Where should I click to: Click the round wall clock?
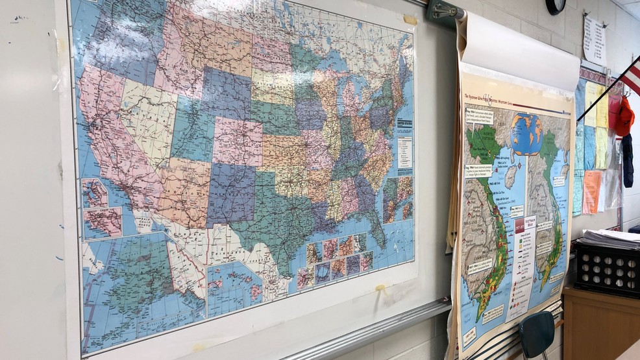(556, 6)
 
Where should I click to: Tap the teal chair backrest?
(537, 334)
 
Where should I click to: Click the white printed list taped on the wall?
(595, 39)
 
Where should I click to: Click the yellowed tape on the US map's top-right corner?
(410, 20)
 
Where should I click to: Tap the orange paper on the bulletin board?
(591, 191)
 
